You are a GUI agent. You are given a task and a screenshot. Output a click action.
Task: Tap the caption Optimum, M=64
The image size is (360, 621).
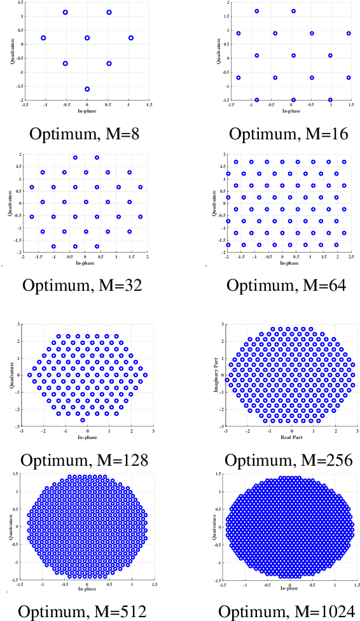(x=286, y=285)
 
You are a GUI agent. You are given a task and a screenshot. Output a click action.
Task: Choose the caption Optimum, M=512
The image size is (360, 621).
(x=83, y=611)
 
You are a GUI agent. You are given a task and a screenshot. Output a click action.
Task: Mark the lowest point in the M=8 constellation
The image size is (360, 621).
(x=87, y=89)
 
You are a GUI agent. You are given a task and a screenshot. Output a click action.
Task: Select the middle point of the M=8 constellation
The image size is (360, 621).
(x=87, y=38)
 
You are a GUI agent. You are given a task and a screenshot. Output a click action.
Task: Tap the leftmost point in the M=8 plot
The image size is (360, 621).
(x=43, y=38)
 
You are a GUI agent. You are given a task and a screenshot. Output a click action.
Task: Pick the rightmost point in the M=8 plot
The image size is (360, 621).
(x=131, y=38)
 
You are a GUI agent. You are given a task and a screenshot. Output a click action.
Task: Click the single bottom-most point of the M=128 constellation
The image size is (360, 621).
(x=82, y=420)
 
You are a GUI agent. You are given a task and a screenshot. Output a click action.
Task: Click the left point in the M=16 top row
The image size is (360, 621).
(x=257, y=11)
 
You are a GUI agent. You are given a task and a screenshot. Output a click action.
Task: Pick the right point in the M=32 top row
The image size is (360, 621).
(x=97, y=158)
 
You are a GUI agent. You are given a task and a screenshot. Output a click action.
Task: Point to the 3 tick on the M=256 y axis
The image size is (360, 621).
(x=222, y=323)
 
